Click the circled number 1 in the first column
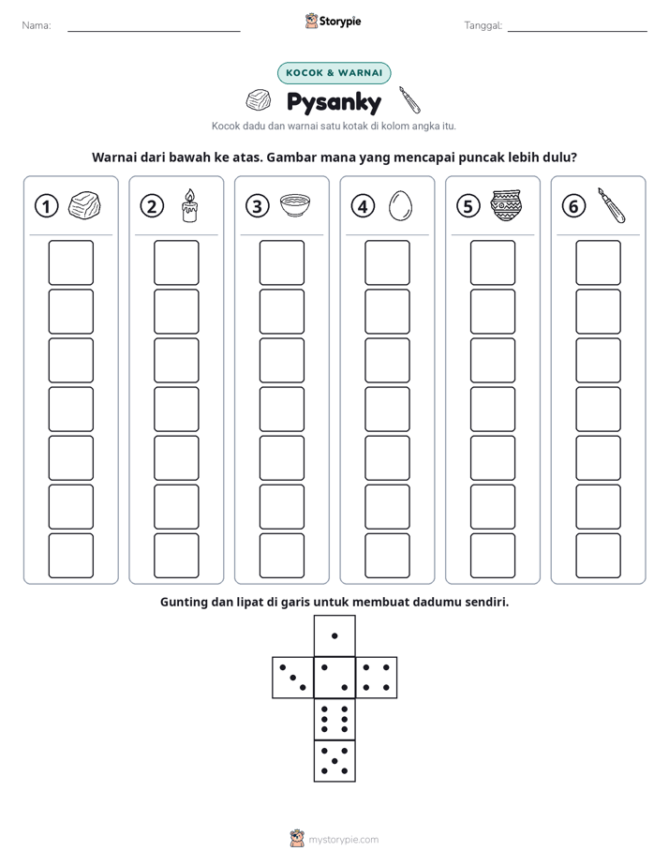pos(46,206)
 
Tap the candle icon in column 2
pos(189,205)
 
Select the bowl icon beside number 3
pos(295,206)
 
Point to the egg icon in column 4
pos(400,206)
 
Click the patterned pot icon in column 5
pos(506,205)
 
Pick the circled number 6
pos(574,206)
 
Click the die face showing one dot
pos(334,635)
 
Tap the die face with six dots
pos(334,719)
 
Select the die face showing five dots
pos(334,760)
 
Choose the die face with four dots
pos(377,677)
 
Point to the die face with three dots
pos(293,677)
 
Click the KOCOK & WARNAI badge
pos(334,73)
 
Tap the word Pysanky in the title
pos(334,102)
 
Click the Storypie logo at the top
pos(333,22)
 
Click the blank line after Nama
pos(154,31)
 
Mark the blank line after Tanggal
pos(577,31)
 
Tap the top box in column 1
pos(70,262)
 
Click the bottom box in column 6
pos(599,556)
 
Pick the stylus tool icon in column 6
pos(612,205)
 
